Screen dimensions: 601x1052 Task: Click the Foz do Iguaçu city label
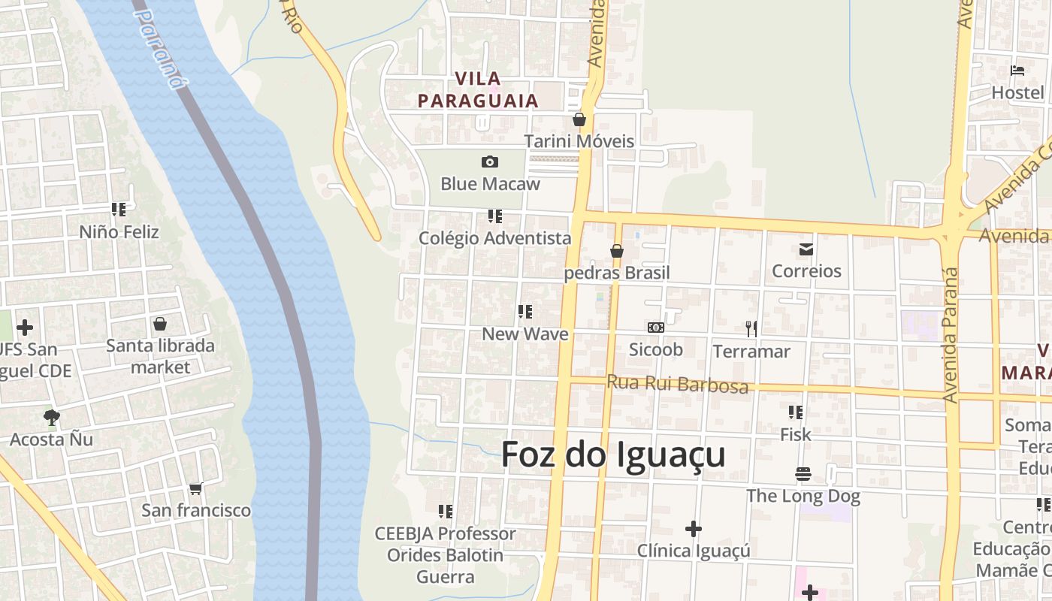(x=613, y=455)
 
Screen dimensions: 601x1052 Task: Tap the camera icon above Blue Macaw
(x=490, y=162)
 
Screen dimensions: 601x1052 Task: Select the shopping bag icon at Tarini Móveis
(x=579, y=119)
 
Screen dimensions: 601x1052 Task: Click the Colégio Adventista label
(x=495, y=238)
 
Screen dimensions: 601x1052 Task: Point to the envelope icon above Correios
(x=806, y=249)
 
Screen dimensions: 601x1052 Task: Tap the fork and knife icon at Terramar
(x=751, y=328)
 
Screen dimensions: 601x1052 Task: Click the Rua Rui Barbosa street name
(x=677, y=384)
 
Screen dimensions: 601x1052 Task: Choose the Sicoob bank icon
(x=655, y=328)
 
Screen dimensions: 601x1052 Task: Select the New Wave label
(x=524, y=334)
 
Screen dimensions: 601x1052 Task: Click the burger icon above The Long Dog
(x=803, y=474)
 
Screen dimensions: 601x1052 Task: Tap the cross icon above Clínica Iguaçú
(x=694, y=529)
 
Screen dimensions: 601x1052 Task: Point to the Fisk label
(x=795, y=434)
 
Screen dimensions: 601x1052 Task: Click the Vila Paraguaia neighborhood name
(x=479, y=89)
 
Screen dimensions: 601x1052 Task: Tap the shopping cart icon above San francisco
(x=196, y=488)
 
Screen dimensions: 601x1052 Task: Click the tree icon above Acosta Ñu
(x=51, y=417)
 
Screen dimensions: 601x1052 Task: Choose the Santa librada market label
(x=160, y=356)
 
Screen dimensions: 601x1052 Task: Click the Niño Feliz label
(x=119, y=231)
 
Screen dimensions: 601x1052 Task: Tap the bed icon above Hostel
(x=1017, y=71)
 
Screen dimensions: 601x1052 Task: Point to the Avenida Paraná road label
(x=951, y=334)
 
